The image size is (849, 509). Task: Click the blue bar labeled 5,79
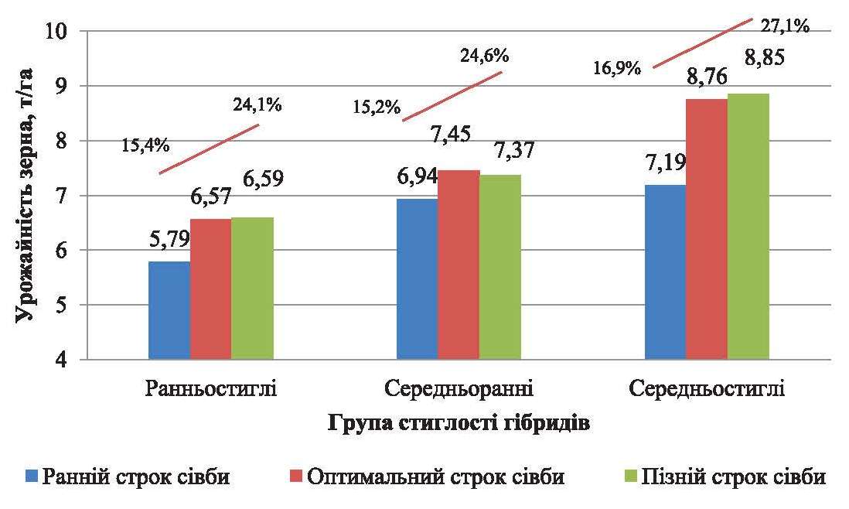coord(169,310)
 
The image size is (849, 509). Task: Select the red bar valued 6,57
coord(210,289)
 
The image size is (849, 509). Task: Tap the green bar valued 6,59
coord(252,289)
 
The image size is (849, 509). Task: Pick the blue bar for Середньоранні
coord(417,278)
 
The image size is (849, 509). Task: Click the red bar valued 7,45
coord(459,265)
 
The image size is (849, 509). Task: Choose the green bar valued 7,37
coord(500,267)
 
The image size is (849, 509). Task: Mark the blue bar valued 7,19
coord(665,272)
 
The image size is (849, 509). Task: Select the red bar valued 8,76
coord(707,229)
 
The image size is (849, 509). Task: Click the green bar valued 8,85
coord(748,227)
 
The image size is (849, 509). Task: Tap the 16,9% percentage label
coord(618,67)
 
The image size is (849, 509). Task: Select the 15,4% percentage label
coord(145,144)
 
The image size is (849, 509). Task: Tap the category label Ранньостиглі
coord(210,387)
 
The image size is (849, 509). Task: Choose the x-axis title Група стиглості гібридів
coord(459,423)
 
